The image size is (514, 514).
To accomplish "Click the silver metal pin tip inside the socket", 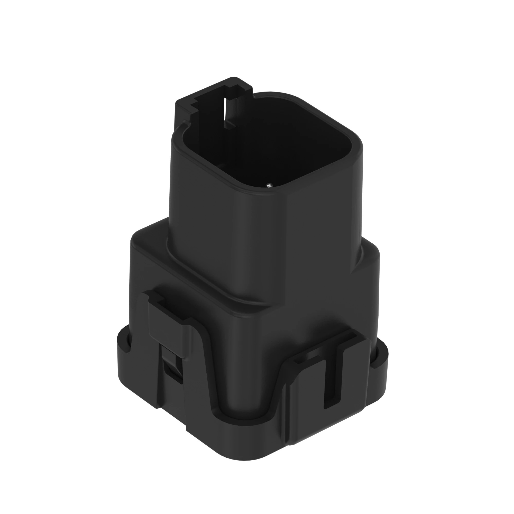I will tap(270, 184).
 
